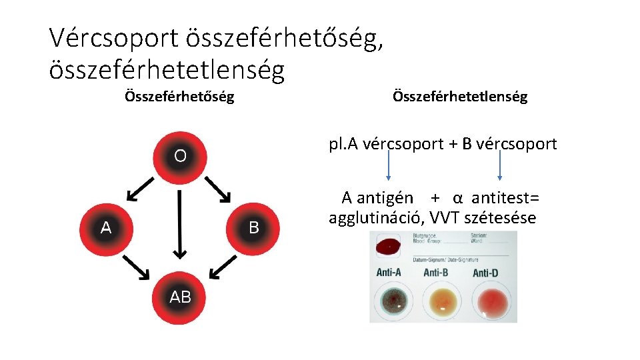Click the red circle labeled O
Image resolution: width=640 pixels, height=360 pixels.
[x=180, y=157]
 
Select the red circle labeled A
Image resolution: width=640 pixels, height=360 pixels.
[x=106, y=227]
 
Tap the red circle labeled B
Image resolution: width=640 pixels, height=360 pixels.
[x=253, y=227]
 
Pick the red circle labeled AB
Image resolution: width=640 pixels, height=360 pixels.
[x=180, y=297]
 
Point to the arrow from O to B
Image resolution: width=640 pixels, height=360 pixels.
[x=218, y=189]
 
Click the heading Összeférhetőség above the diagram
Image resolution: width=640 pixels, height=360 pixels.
[x=179, y=97]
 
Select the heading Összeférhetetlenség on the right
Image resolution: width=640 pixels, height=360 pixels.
[x=460, y=97]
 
